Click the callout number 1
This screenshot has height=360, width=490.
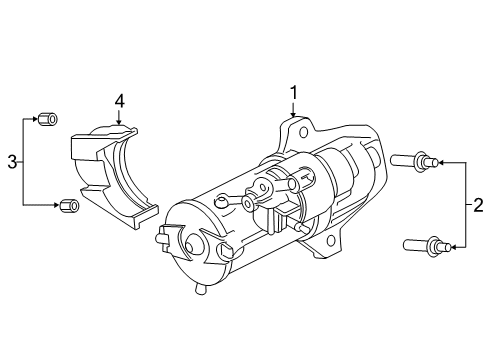click(294, 93)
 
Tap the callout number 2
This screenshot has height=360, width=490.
click(477, 205)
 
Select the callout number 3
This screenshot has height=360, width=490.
click(11, 161)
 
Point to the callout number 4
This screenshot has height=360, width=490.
click(119, 101)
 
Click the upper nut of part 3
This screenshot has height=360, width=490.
click(44, 121)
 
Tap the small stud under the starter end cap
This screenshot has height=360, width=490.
click(201, 290)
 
